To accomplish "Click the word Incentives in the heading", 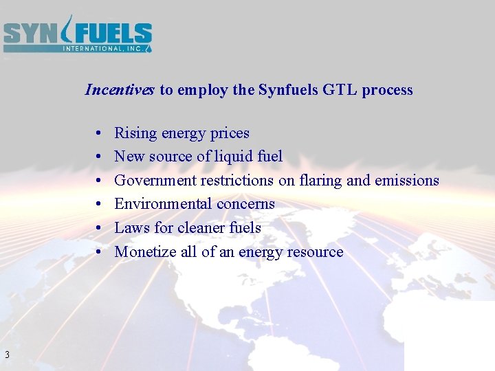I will click(x=120, y=90).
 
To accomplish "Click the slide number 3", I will click(x=6, y=355).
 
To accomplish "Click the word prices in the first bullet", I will click(x=228, y=133).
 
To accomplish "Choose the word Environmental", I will click(x=163, y=204).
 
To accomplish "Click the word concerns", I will click(x=245, y=204).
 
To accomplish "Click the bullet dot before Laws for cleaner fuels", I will click(x=100, y=228).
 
